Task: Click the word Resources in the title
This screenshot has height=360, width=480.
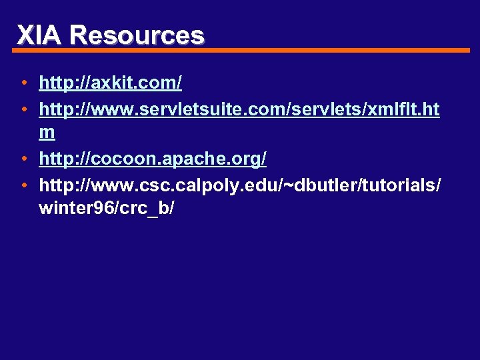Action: point(137,35)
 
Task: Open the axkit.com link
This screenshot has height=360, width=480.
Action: point(111,83)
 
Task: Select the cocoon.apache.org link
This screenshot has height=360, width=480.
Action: point(153,159)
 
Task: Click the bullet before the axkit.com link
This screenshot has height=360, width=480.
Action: point(23,84)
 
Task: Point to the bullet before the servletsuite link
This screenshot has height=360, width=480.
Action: point(23,109)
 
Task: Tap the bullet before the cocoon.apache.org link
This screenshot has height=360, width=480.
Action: point(23,159)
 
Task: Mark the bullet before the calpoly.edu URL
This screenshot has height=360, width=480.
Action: point(23,184)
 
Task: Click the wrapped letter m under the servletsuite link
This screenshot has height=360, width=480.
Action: point(47,133)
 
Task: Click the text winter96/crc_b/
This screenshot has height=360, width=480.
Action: point(107,208)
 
